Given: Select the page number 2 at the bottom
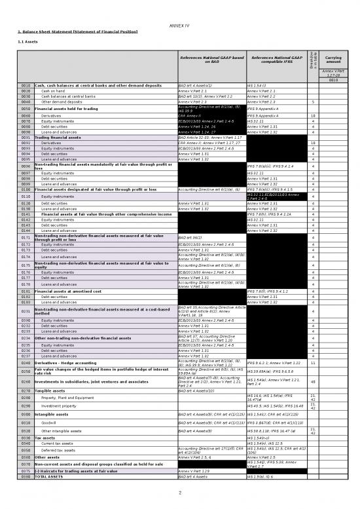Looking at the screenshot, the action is click(179, 493).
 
